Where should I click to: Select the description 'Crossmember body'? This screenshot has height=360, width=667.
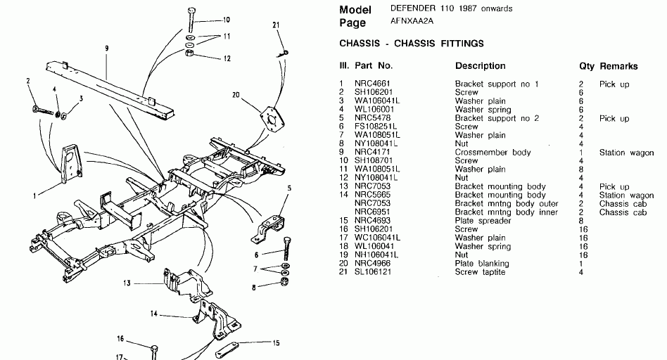point(493,153)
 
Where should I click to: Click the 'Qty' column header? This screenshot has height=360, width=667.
point(586,66)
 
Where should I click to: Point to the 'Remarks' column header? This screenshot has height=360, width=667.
point(618,66)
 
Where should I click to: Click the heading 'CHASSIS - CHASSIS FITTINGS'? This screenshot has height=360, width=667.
point(412,44)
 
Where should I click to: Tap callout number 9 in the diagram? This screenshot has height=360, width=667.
point(106,49)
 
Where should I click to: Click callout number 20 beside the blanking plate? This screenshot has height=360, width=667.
point(235,94)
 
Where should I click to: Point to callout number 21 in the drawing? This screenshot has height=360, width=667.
point(276,25)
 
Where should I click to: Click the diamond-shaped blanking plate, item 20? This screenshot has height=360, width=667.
point(270,117)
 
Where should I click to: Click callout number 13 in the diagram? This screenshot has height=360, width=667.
point(127,283)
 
